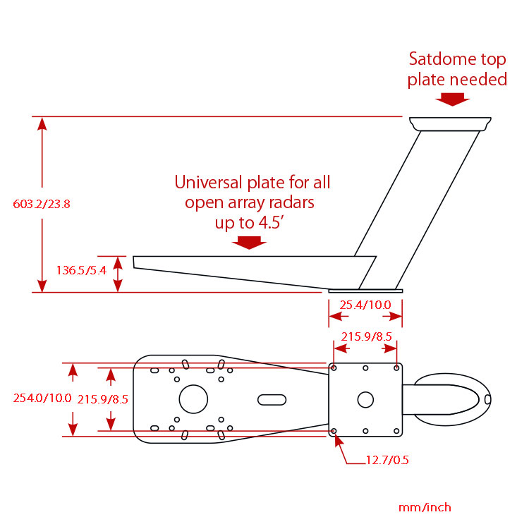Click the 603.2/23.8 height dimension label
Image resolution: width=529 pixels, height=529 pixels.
(42, 205)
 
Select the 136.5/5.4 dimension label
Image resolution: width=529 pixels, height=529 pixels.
(81, 269)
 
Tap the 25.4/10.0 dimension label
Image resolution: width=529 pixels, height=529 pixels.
(365, 305)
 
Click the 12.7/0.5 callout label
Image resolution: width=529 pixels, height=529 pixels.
(387, 461)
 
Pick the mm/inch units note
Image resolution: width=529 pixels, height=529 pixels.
(425, 507)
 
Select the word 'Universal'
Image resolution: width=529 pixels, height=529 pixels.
(209, 183)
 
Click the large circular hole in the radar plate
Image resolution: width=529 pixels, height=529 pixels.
(193, 399)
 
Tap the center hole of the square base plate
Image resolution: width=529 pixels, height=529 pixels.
(365, 399)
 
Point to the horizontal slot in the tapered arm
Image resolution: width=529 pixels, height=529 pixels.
(269, 399)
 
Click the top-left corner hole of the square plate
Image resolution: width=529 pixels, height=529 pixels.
(334, 368)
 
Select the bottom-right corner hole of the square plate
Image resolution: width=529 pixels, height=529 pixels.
(396, 430)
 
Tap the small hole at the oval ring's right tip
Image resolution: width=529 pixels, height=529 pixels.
(486, 399)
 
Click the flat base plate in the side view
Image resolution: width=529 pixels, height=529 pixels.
(365, 290)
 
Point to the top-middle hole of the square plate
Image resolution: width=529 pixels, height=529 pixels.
(365, 368)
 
